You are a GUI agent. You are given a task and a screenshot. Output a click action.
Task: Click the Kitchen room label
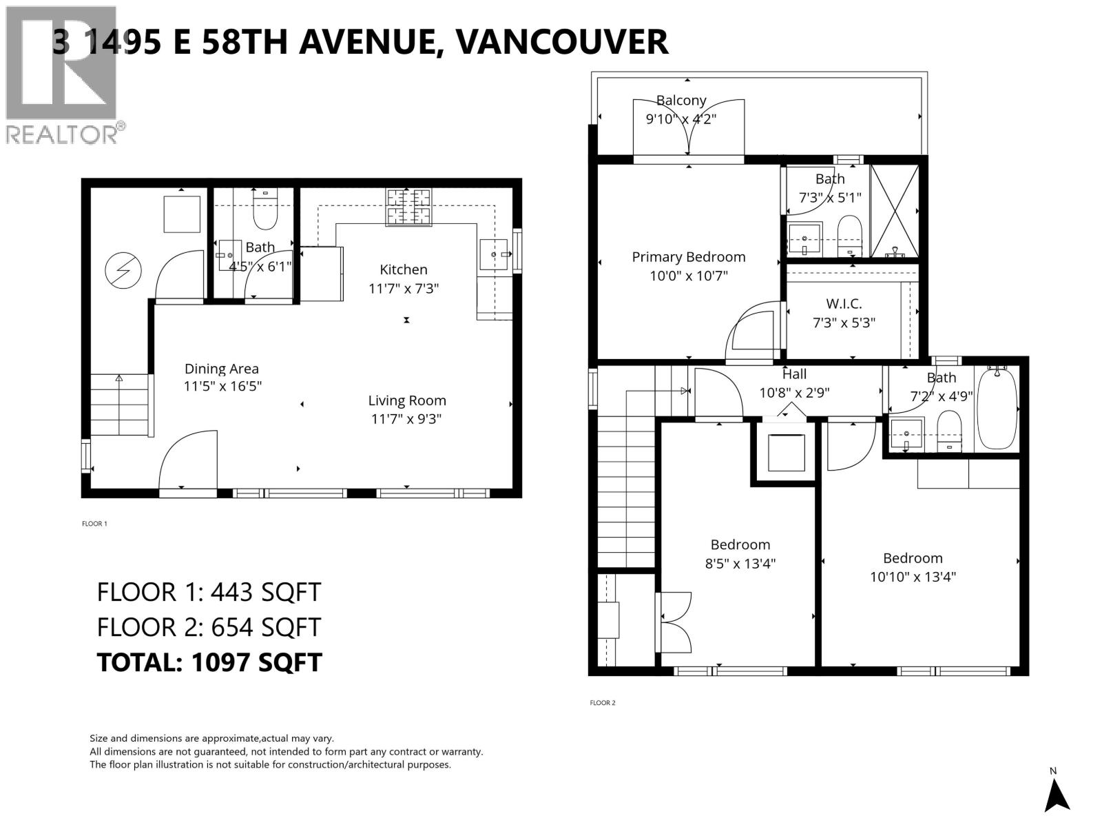[x=404, y=269]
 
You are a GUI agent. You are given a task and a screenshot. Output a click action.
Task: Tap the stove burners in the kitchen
[x=409, y=207]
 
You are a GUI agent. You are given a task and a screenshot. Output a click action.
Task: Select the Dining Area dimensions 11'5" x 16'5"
[x=222, y=387]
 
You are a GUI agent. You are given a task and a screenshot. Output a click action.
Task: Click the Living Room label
[x=406, y=400]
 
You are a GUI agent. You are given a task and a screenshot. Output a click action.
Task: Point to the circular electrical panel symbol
[x=123, y=271]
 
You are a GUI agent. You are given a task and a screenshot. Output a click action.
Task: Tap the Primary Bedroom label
[x=689, y=257]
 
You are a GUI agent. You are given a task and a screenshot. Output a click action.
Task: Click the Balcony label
[x=681, y=101]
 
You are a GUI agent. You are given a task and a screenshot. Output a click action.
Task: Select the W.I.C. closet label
[x=844, y=304]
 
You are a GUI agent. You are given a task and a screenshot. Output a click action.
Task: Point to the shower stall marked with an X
[x=895, y=211]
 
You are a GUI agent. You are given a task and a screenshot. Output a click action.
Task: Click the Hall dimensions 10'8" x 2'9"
[x=794, y=393]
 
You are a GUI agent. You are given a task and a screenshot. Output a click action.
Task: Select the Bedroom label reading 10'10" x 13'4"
[x=913, y=576]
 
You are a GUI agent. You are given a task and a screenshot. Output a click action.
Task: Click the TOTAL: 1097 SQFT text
[x=209, y=662]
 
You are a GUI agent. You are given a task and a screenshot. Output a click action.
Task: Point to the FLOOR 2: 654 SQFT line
[x=209, y=627]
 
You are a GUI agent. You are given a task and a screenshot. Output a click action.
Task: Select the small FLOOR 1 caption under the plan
[x=94, y=524]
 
